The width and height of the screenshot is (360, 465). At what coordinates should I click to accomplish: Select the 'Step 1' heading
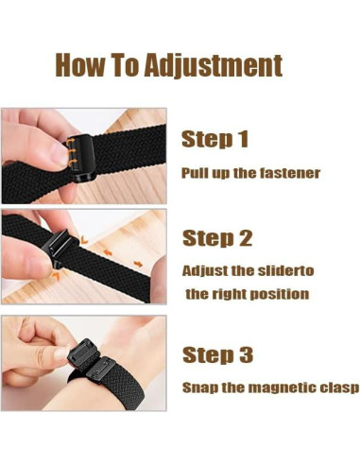tap(214, 140)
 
